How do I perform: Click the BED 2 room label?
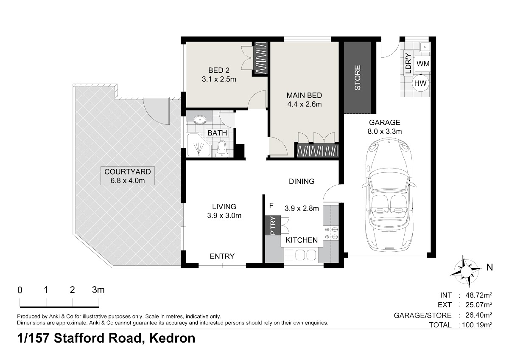pyautogui.click(x=219, y=70)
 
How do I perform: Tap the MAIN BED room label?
pyautogui.click(x=304, y=95)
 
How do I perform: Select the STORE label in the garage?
pyautogui.click(x=358, y=78)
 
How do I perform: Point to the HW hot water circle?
pyautogui.click(x=420, y=83)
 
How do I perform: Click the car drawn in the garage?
pyautogui.click(x=389, y=196)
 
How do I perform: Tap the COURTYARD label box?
pyautogui.click(x=128, y=176)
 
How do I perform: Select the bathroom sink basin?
pyautogui.click(x=200, y=119)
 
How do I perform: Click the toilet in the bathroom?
pyautogui.click(x=221, y=149)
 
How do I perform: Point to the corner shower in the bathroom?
pyautogui.click(x=199, y=145)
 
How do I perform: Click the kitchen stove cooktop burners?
pyautogui.click(x=331, y=233)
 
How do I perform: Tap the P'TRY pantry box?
pyautogui.click(x=273, y=225)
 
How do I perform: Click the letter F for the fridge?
pyautogui.click(x=271, y=206)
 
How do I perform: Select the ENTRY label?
pyautogui.click(x=222, y=256)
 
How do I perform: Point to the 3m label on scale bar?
pyautogui.click(x=98, y=290)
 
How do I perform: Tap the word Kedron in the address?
pyautogui.click(x=172, y=338)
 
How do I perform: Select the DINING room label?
pyautogui.click(x=302, y=181)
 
